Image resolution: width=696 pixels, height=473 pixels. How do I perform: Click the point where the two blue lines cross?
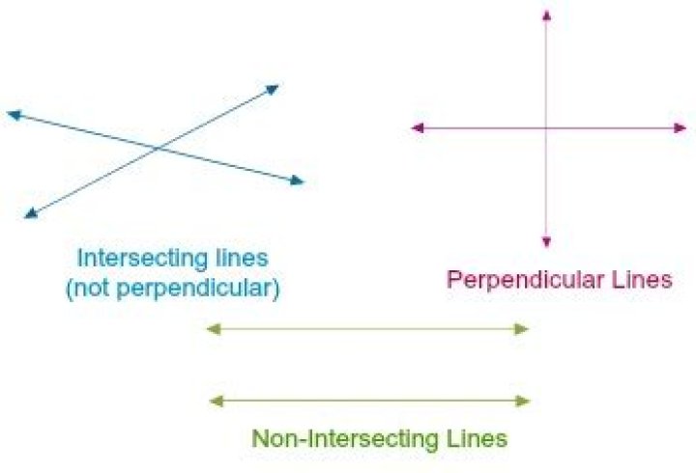pyautogui.click(x=158, y=149)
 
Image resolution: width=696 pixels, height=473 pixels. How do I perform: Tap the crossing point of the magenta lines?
pyautogui.click(x=547, y=127)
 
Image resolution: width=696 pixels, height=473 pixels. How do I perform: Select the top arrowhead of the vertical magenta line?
pyautogui.click(x=547, y=14)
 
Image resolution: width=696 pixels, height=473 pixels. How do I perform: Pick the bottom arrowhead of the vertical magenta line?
pyautogui.click(x=547, y=241)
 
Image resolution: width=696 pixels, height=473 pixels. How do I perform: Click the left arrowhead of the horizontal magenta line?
pyautogui.click(x=418, y=127)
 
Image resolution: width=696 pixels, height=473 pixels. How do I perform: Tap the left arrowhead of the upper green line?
pyautogui.click(x=214, y=329)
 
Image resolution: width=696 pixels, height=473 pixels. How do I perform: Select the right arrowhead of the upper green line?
pyautogui.click(x=524, y=329)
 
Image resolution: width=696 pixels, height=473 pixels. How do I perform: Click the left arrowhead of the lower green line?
pyautogui.click(x=214, y=401)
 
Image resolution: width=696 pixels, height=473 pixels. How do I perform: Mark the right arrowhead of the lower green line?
pyautogui.click(x=524, y=401)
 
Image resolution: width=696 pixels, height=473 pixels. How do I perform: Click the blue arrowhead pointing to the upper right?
pyautogui.click(x=273, y=90)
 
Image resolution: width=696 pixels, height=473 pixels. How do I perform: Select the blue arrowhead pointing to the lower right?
pyautogui.click(x=297, y=180)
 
